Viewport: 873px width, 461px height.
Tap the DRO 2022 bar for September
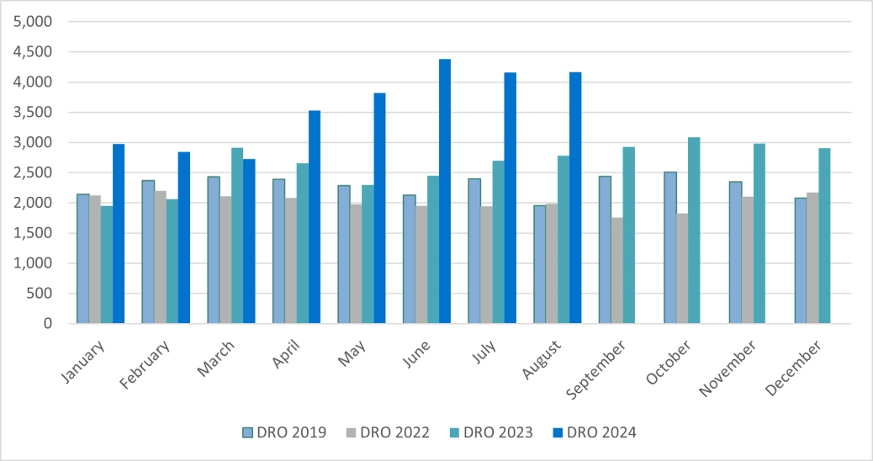616,270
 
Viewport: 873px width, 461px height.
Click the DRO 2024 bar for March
249,241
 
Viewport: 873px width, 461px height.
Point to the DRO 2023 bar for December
824,236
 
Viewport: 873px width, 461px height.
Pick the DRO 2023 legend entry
489,432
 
